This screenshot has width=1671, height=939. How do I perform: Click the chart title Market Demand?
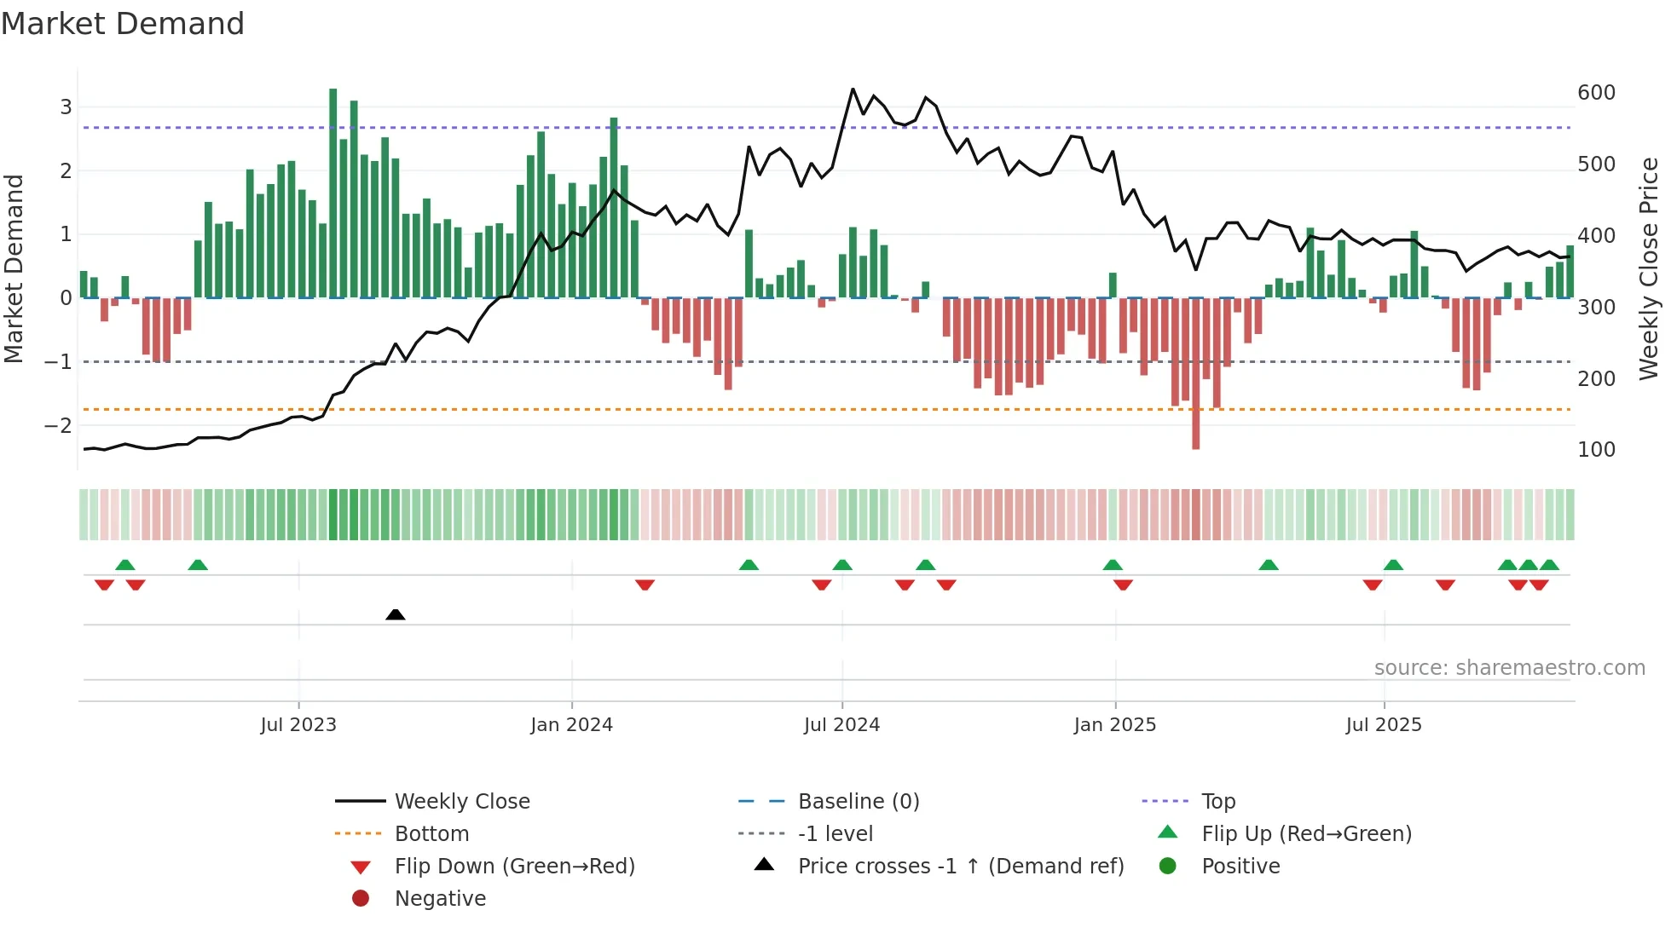click(123, 24)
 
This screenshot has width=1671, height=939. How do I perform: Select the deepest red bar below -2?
click(1195, 375)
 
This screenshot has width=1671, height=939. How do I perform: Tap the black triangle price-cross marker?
click(396, 614)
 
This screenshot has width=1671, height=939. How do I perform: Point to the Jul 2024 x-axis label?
click(841, 725)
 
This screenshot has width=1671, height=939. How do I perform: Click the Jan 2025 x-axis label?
click(1114, 725)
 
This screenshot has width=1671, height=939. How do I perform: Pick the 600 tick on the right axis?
click(1596, 93)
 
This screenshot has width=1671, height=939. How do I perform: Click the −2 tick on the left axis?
click(59, 425)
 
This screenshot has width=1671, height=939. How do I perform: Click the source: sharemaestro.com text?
click(1509, 668)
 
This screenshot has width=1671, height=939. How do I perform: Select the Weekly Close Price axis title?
click(1649, 268)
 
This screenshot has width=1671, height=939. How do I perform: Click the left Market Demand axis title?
click(14, 268)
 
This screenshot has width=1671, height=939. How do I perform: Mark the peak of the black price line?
click(853, 89)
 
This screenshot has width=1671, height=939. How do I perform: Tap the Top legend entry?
click(1217, 802)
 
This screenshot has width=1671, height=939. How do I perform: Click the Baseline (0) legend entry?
click(858, 802)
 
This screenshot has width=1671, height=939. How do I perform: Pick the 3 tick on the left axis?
click(66, 107)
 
